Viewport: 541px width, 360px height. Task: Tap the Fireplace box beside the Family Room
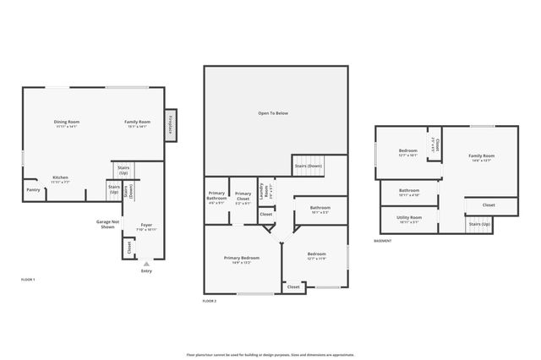pyautogui.click(x=170, y=126)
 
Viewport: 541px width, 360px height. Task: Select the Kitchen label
pyautogui.click(x=60, y=179)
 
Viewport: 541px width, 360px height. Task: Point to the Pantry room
pyautogui.click(x=33, y=190)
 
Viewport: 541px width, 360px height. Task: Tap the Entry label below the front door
pyautogui.click(x=146, y=270)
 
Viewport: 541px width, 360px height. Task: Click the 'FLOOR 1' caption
pyautogui.click(x=28, y=278)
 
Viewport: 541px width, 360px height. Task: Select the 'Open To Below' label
pyautogui.click(x=273, y=112)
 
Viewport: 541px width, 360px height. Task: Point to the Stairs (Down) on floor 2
pyautogui.click(x=308, y=166)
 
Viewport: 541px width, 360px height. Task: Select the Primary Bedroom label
pyautogui.click(x=242, y=259)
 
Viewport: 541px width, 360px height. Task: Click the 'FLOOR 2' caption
pyautogui.click(x=210, y=301)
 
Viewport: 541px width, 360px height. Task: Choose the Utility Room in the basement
pyautogui.click(x=409, y=220)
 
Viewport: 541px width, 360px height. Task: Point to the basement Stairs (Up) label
pyautogui.click(x=479, y=224)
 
